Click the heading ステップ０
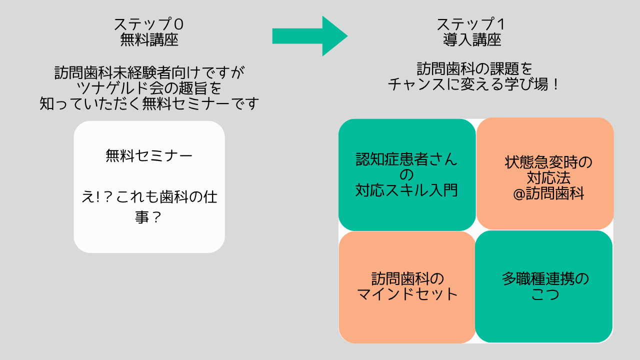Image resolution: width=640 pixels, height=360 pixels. [x=149, y=24]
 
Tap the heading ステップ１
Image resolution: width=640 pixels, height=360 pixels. [x=471, y=24]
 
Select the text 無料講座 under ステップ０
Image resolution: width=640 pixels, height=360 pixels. [x=149, y=40]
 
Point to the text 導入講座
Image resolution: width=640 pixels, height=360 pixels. [x=471, y=40]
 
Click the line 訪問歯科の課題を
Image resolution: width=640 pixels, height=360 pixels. [x=474, y=67]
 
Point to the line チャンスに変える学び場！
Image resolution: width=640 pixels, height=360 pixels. [x=474, y=83]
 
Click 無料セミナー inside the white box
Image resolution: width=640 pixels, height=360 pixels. [x=149, y=156]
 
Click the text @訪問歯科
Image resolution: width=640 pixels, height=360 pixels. [x=548, y=193]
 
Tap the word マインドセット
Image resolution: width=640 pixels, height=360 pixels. [x=407, y=294]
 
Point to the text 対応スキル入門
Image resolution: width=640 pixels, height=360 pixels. [x=406, y=190]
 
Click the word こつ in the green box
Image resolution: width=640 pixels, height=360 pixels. [x=545, y=294]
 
